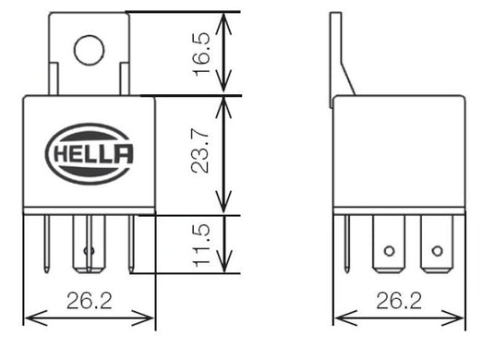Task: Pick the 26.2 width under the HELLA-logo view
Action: coord(89,299)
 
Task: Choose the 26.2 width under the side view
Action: coord(400,299)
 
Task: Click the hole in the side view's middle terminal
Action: coord(389,251)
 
